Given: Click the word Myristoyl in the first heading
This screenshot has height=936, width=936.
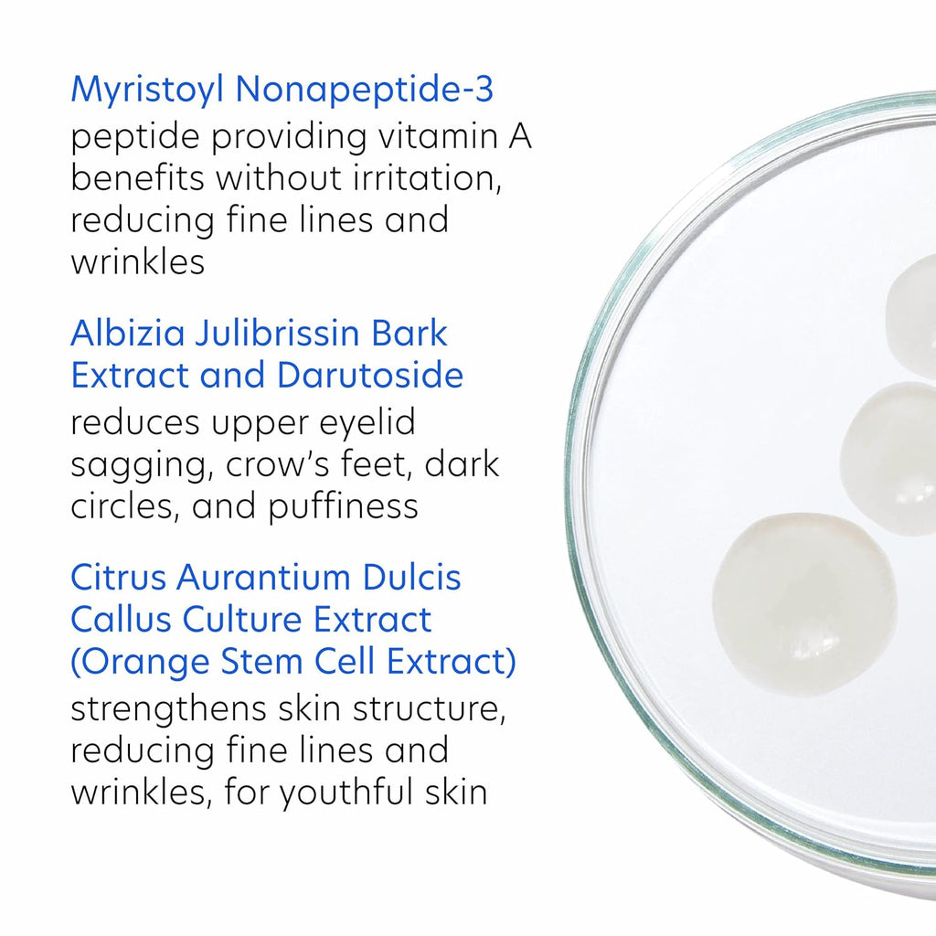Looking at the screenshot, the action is (x=147, y=90).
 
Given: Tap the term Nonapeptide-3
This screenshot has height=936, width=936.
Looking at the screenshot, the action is (x=364, y=89).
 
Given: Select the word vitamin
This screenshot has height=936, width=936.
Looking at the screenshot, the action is (x=438, y=136).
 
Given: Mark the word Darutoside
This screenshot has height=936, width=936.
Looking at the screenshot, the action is (x=370, y=376).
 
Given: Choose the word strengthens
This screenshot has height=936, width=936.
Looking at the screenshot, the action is (x=168, y=710).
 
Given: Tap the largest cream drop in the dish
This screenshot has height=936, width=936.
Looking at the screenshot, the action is (x=804, y=604).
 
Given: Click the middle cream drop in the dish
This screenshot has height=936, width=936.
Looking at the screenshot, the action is (x=889, y=459).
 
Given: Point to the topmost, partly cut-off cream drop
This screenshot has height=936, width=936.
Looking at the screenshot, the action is (x=911, y=314).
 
